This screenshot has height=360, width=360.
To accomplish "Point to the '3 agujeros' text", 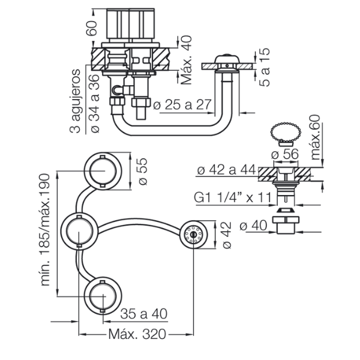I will (x=75, y=99).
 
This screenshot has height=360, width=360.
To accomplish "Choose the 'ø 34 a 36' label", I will (x=93, y=99).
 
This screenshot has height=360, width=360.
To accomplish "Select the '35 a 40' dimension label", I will (x=143, y=313).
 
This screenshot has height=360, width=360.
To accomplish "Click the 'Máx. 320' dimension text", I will (x=137, y=334).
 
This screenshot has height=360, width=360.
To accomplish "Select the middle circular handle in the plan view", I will (x=79, y=230).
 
